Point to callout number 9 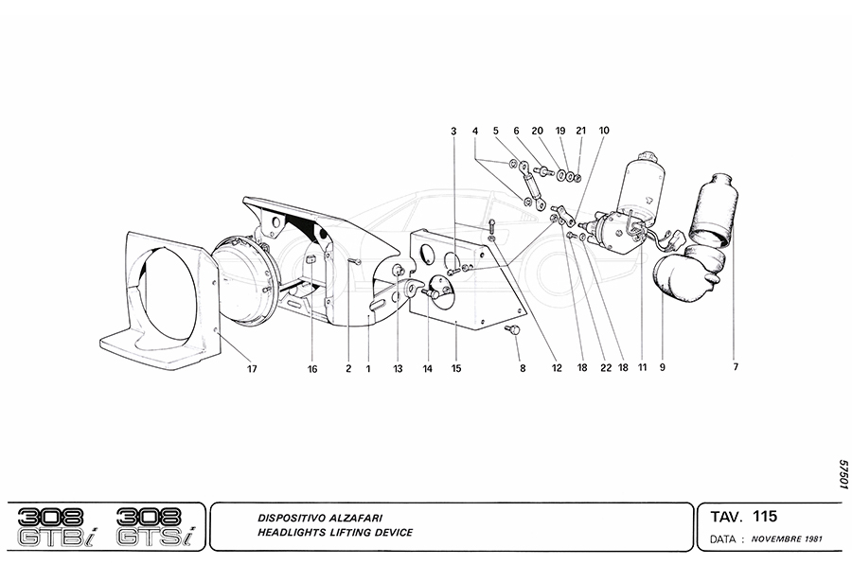(x=663, y=367)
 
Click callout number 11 (x=641, y=367)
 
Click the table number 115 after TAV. (x=765, y=517)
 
